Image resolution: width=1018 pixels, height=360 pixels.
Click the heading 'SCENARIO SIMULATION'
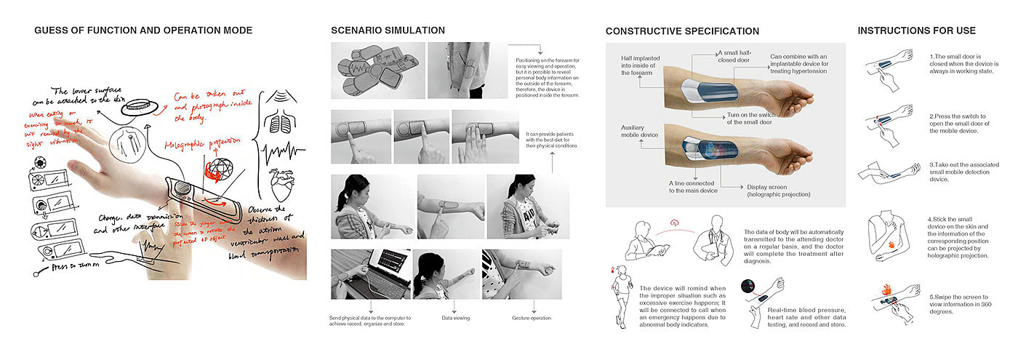tap(388, 30)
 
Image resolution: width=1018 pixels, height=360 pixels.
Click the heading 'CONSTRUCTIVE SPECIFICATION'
tap(682, 31)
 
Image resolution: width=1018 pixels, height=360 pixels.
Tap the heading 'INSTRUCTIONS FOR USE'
tap(916, 31)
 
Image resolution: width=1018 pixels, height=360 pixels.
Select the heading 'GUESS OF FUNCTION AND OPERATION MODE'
tap(143, 30)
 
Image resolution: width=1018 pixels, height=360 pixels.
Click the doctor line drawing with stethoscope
tap(713, 241)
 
